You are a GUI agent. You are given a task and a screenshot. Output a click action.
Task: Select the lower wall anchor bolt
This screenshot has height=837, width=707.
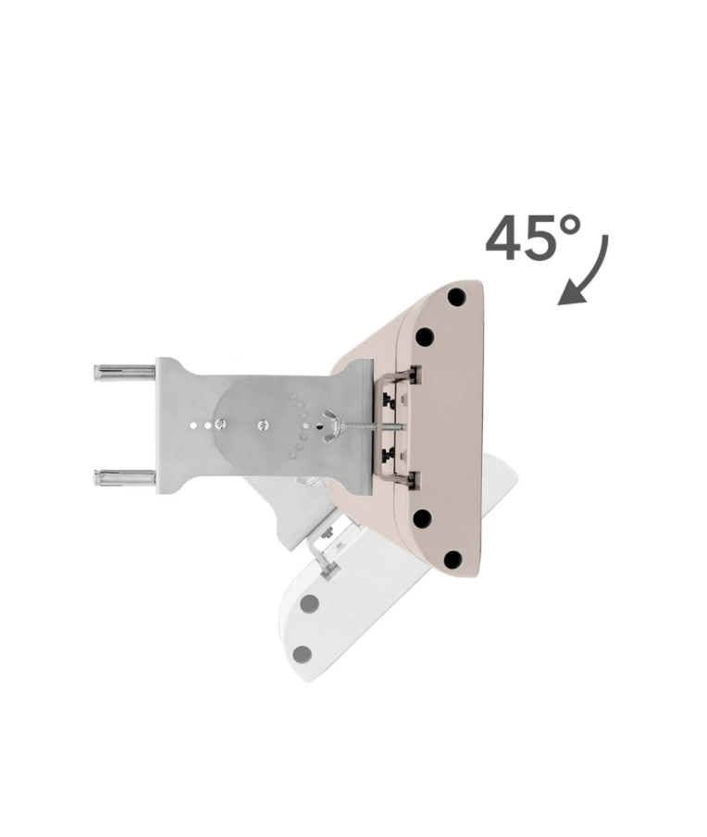[x=124, y=476]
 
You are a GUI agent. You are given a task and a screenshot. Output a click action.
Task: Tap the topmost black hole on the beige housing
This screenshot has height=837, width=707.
[x=456, y=297]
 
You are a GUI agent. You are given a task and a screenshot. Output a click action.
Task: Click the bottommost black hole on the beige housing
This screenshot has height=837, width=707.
[x=453, y=559]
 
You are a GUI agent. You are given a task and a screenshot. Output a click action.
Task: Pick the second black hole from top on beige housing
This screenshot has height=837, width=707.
[x=425, y=337]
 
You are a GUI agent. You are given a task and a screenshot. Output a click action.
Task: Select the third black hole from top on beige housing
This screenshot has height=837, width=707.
[x=422, y=518]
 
